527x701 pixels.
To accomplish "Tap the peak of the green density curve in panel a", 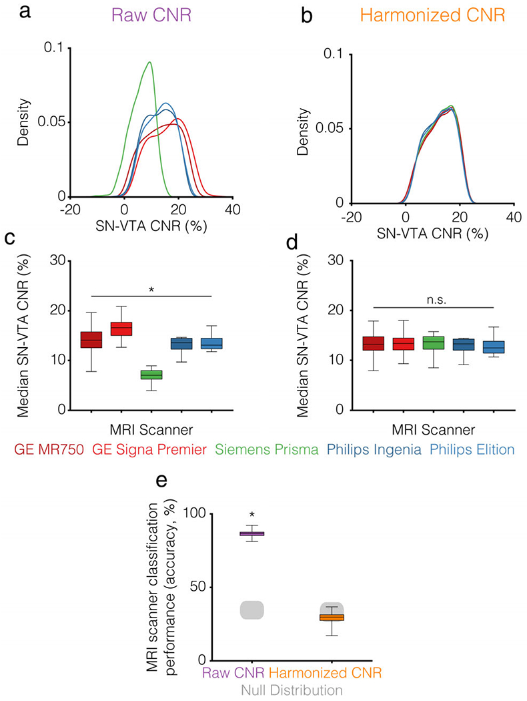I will coord(149,63).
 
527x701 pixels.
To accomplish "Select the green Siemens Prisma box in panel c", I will coord(151,375).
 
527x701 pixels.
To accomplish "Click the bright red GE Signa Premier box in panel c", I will coord(121,328).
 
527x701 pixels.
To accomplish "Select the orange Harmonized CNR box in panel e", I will coord(331,618).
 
